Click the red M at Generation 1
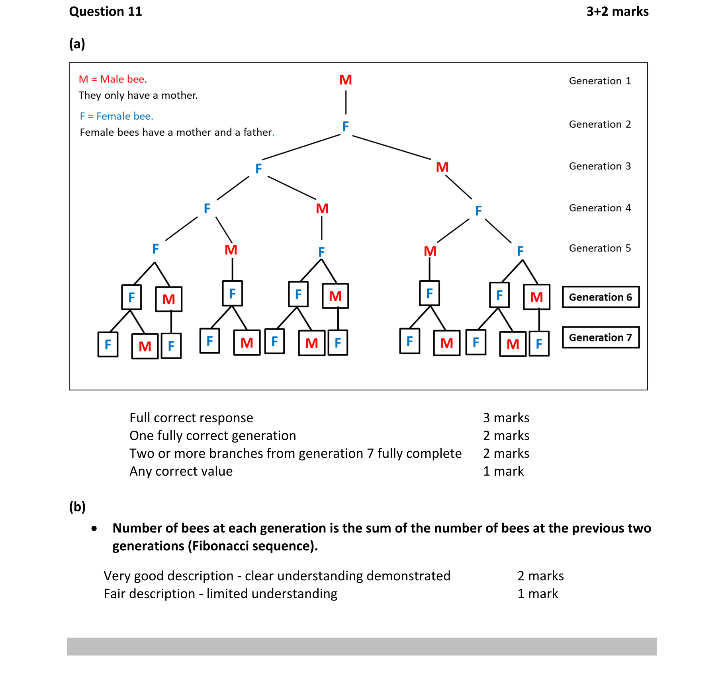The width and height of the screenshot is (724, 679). (345, 80)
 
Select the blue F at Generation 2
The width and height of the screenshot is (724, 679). (345, 127)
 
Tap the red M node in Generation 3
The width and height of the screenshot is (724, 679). (442, 167)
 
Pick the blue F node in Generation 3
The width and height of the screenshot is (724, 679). (258, 169)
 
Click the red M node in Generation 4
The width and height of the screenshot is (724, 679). (322, 209)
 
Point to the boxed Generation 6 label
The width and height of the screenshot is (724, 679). (600, 297)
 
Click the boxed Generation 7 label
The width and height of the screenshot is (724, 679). (600, 338)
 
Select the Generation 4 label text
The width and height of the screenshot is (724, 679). (599, 208)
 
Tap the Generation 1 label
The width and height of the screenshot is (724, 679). (599, 81)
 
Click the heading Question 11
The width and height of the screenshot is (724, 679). (106, 12)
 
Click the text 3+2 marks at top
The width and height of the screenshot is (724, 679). (617, 12)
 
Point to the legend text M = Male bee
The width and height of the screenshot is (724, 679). (113, 79)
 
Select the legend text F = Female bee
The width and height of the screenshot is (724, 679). (116, 116)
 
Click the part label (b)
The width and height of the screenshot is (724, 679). (77, 507)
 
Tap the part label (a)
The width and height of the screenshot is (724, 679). (77, 44)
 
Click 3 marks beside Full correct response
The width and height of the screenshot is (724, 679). (506, 418)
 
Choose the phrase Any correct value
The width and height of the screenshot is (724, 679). (181, 471)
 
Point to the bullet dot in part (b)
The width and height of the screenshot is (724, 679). (94, 529)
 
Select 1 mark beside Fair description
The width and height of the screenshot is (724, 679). (537, 594)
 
